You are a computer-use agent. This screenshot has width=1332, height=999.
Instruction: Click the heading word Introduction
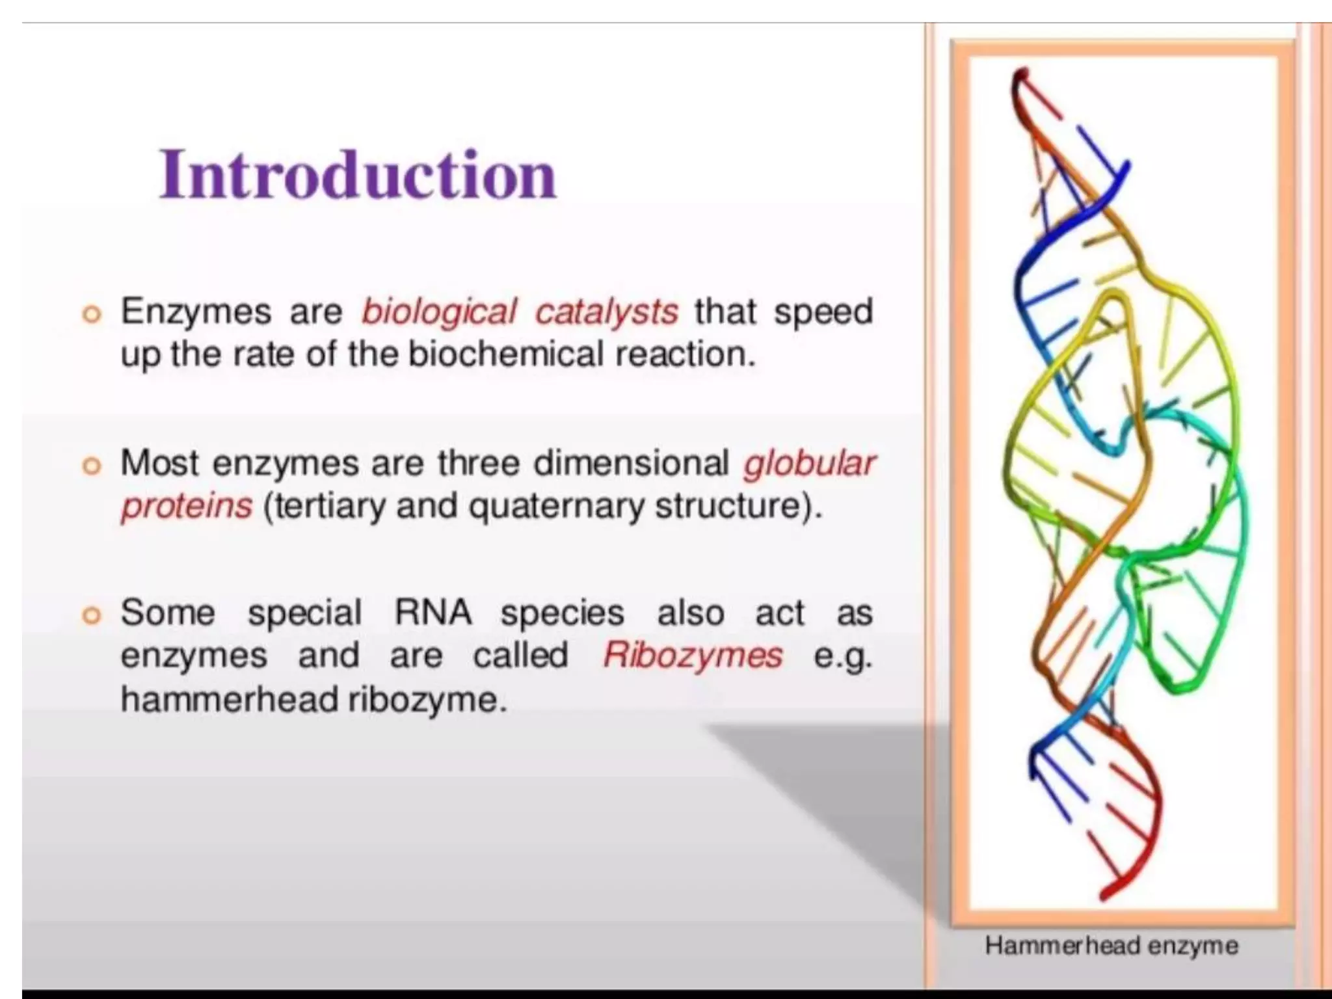[358, 174]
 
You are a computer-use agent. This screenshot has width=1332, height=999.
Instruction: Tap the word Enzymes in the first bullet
[196, 311]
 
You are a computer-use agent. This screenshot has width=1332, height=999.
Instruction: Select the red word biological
[439, 312]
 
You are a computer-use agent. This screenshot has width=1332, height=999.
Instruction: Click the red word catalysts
[606, 312]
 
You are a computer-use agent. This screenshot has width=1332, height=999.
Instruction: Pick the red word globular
[809, 463]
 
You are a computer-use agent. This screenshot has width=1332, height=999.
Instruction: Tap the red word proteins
[187, 507]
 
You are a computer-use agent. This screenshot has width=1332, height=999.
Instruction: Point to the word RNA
[433, 613]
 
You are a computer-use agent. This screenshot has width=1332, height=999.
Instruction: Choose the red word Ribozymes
[693, 656]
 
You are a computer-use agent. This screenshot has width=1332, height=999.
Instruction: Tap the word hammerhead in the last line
[228, 700]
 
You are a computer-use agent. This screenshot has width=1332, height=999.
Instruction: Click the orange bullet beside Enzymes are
[92, 315]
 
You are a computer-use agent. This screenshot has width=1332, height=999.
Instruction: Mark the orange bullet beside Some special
[92, 615]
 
